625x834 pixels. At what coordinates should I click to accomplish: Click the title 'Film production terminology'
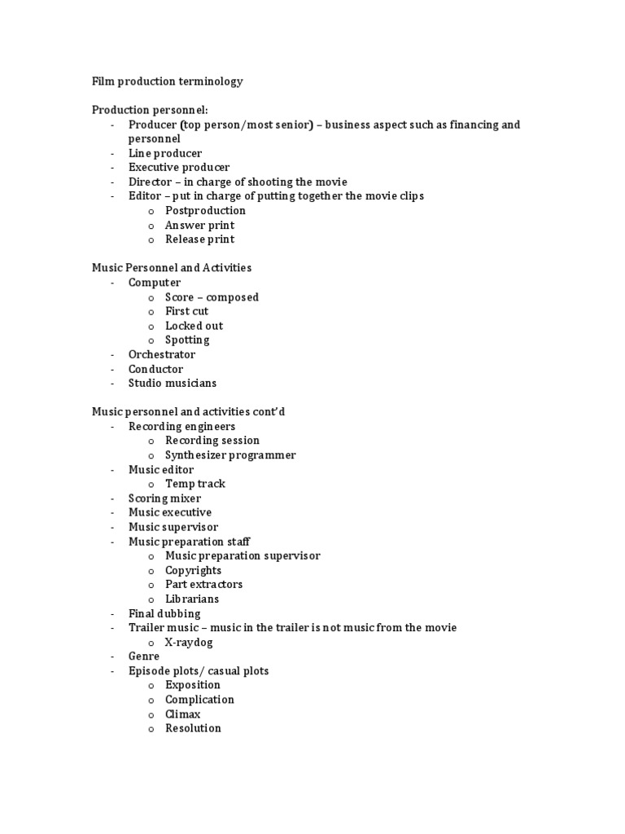167,81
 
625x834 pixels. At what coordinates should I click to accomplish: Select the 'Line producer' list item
165,153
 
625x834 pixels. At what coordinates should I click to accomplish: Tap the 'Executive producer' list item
179,168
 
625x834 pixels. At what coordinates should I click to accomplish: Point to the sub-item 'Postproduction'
205,211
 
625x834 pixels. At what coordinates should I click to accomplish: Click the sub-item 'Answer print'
199,225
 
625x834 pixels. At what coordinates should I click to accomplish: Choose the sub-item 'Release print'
199,239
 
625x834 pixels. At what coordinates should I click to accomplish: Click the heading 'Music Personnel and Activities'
172,268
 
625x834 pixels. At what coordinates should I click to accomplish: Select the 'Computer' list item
155,283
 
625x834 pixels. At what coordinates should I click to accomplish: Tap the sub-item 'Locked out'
194,326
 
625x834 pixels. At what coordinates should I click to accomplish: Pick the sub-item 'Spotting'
187,340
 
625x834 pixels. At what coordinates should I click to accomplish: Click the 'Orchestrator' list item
162,354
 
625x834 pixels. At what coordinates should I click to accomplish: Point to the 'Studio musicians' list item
173,383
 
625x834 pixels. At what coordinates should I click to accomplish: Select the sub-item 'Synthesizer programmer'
230,455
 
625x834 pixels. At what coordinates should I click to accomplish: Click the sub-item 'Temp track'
195,484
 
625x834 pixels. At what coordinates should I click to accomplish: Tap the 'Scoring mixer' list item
164,498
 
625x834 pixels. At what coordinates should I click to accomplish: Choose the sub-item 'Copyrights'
193,570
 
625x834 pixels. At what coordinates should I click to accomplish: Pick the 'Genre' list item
144,656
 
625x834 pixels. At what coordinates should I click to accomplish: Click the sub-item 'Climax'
182,714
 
